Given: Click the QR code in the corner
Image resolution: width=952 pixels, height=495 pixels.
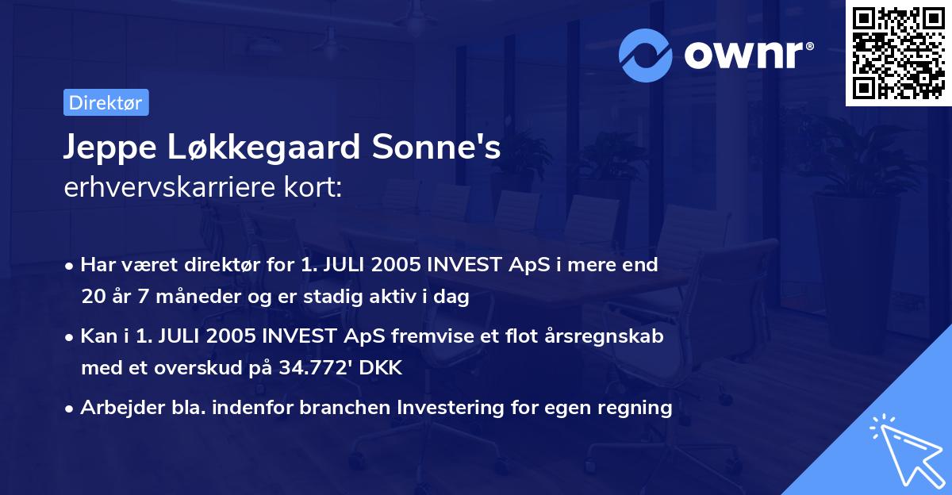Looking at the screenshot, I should pos(899,53).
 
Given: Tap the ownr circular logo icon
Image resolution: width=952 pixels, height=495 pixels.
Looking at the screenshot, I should pos(646,55).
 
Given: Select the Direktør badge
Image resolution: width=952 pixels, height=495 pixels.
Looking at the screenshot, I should pos(106,102).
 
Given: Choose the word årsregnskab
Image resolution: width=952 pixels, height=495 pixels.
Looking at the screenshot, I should pos(608,335).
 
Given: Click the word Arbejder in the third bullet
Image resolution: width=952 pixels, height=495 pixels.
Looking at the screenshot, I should pos(117,408).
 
